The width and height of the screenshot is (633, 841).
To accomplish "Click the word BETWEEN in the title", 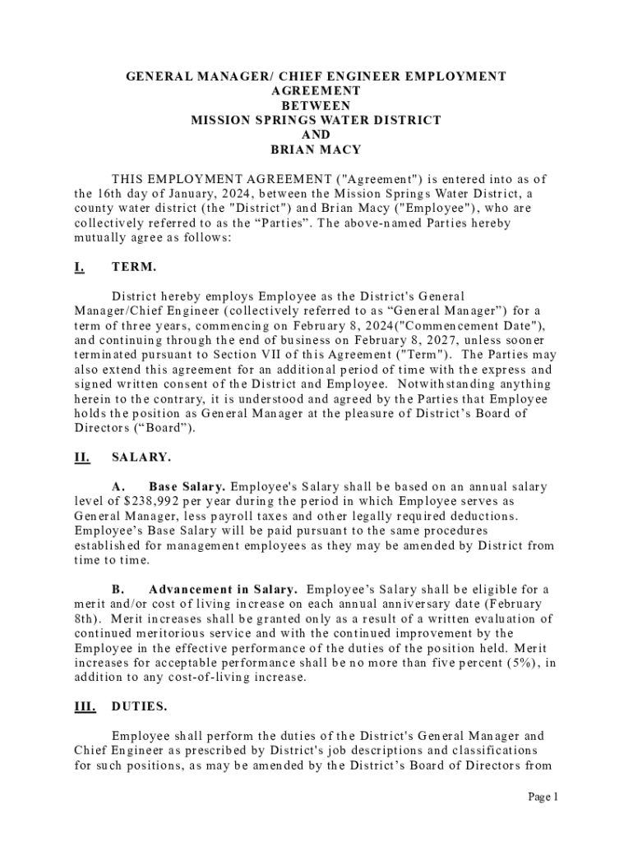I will [316, 106].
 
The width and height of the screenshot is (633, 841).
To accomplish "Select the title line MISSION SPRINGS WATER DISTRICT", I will [316, 121].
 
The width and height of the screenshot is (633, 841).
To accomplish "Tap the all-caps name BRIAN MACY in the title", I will [316, 150].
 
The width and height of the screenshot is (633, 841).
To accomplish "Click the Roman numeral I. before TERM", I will [79, 267].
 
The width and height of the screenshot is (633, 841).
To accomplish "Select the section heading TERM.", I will [133, 267].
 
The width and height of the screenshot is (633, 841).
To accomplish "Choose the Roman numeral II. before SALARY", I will [81, 458].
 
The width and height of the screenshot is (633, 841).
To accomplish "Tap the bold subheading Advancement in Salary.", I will [223, 591].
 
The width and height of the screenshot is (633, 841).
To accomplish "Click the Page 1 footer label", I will [543, 797].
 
